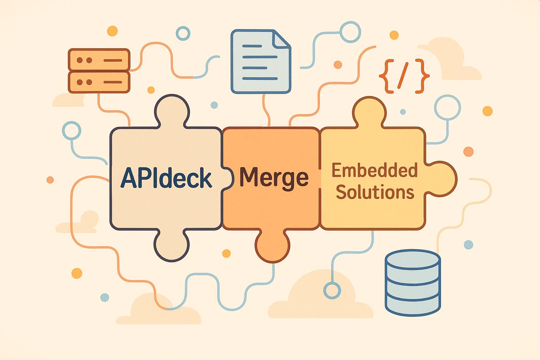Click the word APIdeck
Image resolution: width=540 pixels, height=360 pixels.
(166, 178)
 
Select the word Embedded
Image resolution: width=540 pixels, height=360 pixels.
(374, 171)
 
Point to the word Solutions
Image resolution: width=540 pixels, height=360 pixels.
(375, 192)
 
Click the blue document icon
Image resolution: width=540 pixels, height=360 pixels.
(260, 63)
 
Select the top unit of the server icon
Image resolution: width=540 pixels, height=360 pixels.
(99, 60)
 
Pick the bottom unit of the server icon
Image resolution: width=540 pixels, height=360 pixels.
(99, 82)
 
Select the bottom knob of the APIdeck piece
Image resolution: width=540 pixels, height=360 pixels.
(172, 246)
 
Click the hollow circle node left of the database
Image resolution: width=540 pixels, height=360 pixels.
(332, 291)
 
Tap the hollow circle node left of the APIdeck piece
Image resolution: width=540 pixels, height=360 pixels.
(71, 130)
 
